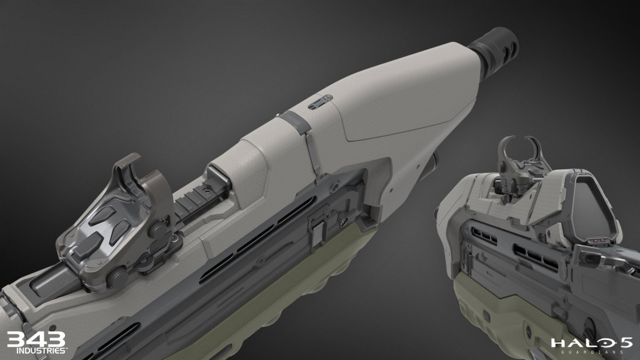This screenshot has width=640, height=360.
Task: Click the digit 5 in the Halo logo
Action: point(622,343)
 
